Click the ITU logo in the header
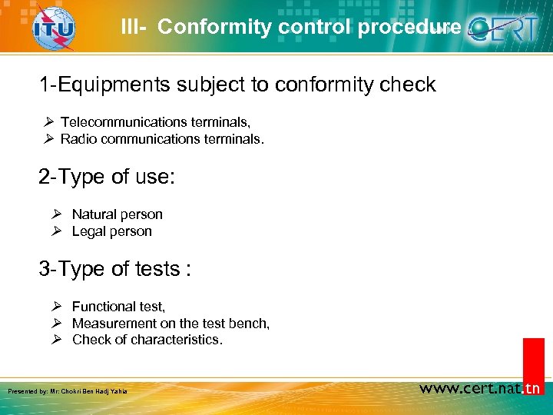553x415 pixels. [53, 28]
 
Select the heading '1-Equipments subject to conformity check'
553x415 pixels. [237, 85]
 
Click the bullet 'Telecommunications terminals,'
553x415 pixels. [155, 122]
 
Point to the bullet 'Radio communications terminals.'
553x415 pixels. [161, 139]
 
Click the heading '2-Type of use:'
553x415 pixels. [107, 177]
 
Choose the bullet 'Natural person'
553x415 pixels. [117, 214]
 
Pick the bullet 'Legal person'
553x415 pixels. [111, 231]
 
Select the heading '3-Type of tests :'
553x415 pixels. [115, 269]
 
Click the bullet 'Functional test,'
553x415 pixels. [118, 307]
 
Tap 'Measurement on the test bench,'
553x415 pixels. [171, 324]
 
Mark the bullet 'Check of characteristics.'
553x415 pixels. [147, 340]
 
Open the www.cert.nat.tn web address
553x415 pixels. [479, 388]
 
